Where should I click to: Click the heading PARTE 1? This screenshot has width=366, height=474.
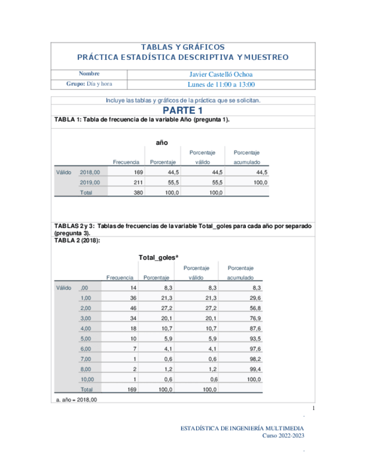(x=183, y=110)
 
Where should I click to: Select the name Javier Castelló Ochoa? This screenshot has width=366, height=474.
(x=222, y=74)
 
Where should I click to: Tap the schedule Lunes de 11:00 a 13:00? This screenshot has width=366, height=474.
(x=222, y=84)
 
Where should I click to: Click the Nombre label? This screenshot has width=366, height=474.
(x=89, y=74)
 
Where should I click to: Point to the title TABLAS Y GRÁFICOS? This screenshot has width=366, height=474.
(x=183, y=48)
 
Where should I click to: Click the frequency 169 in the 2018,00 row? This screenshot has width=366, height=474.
(x=139, y=172)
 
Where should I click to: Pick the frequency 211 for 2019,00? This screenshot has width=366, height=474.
(x=139, y=182)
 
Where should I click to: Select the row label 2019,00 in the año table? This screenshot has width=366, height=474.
(x=90, y=182)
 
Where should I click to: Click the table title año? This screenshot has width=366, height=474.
(x=161, y=143)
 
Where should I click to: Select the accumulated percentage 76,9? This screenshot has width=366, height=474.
(x=255, y=318)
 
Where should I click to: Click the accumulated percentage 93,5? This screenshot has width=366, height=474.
(x=255, y=338)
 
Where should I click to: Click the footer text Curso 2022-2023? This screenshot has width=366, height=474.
(x=284, y=436)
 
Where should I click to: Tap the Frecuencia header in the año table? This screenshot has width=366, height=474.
(x=126, y=162)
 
